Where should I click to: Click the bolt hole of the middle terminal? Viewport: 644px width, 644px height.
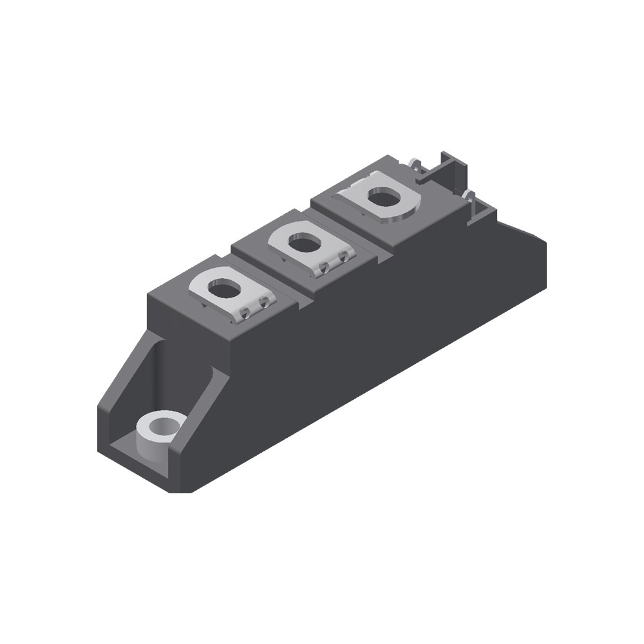[305, 244]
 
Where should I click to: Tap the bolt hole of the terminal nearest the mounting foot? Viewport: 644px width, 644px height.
[224, 289]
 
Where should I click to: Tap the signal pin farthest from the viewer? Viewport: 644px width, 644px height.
[412, 162]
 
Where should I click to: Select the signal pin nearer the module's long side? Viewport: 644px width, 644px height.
[469, 196]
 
